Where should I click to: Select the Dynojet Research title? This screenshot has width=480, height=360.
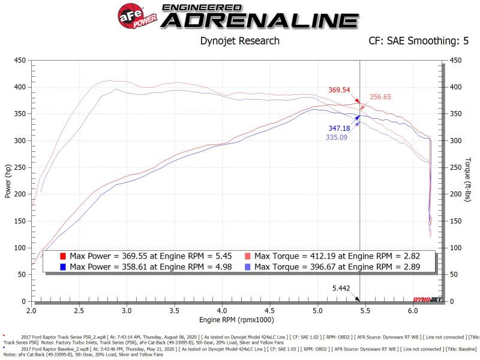tap(239, 41)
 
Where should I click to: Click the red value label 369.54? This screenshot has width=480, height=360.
tap(339, 90)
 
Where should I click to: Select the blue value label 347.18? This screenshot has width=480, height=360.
tap(339, 128)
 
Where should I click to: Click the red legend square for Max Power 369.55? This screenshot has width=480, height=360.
tap(63, 256)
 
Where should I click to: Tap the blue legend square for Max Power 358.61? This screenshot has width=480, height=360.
tap(63, 266)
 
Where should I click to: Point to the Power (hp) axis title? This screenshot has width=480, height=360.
tap(7, 182)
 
